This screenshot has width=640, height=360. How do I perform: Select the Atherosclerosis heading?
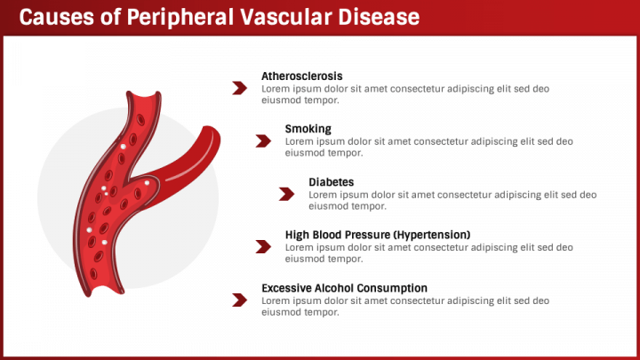(301, 76)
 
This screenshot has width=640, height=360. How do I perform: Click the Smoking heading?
(308, 129)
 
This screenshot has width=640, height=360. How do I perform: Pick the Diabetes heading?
(331, 182)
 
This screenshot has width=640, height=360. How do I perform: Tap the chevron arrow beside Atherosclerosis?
(240, 88)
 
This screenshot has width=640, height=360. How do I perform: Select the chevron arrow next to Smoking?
(263, 140)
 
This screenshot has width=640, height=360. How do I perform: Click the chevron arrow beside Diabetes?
(286, 194)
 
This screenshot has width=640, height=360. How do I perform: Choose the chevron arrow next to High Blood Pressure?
(263, 246)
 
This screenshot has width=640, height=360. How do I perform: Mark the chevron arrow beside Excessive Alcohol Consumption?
(240, 300)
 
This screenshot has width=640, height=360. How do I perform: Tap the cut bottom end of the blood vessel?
(105, 290)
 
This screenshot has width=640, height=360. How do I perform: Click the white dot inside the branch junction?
(147, 183)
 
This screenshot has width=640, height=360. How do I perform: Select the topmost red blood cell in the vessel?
(140, 120)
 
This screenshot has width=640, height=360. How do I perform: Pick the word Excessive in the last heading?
(286, 288)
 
